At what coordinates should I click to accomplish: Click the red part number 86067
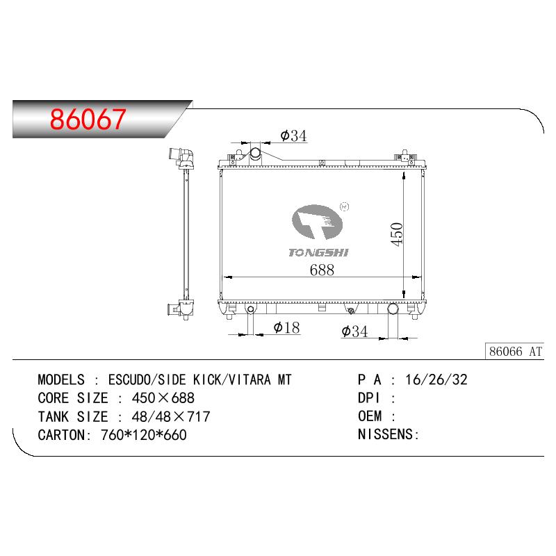point(88,119)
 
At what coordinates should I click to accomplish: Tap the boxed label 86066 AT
point(515,352)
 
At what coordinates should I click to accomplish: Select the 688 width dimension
point(322,270)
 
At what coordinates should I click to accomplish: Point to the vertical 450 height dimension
point(397,234)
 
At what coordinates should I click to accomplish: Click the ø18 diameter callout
point(286,327)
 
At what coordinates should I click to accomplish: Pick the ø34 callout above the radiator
point(293,136)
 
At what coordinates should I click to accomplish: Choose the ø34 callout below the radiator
point(354,332)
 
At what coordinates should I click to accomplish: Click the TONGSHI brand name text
point(318,252)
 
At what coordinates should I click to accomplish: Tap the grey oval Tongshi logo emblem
point(317,222)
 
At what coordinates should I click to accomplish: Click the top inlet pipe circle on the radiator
point(255,154)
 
